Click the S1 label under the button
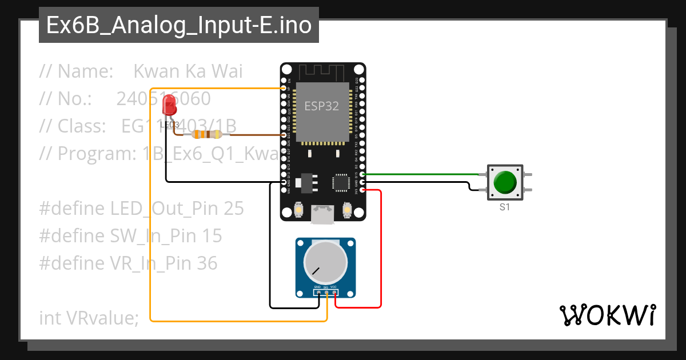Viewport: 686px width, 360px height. [504, 207]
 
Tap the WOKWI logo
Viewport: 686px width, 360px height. [607, 315]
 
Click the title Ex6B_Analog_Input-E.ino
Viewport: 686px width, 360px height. [179, 26]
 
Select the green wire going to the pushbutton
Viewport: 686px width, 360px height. [423, 174]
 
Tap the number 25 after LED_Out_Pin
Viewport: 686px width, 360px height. [233, 209]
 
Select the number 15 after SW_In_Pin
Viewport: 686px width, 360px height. [211, 236]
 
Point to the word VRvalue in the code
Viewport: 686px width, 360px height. [100, 318]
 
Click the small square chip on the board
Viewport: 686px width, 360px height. [340, 183]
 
